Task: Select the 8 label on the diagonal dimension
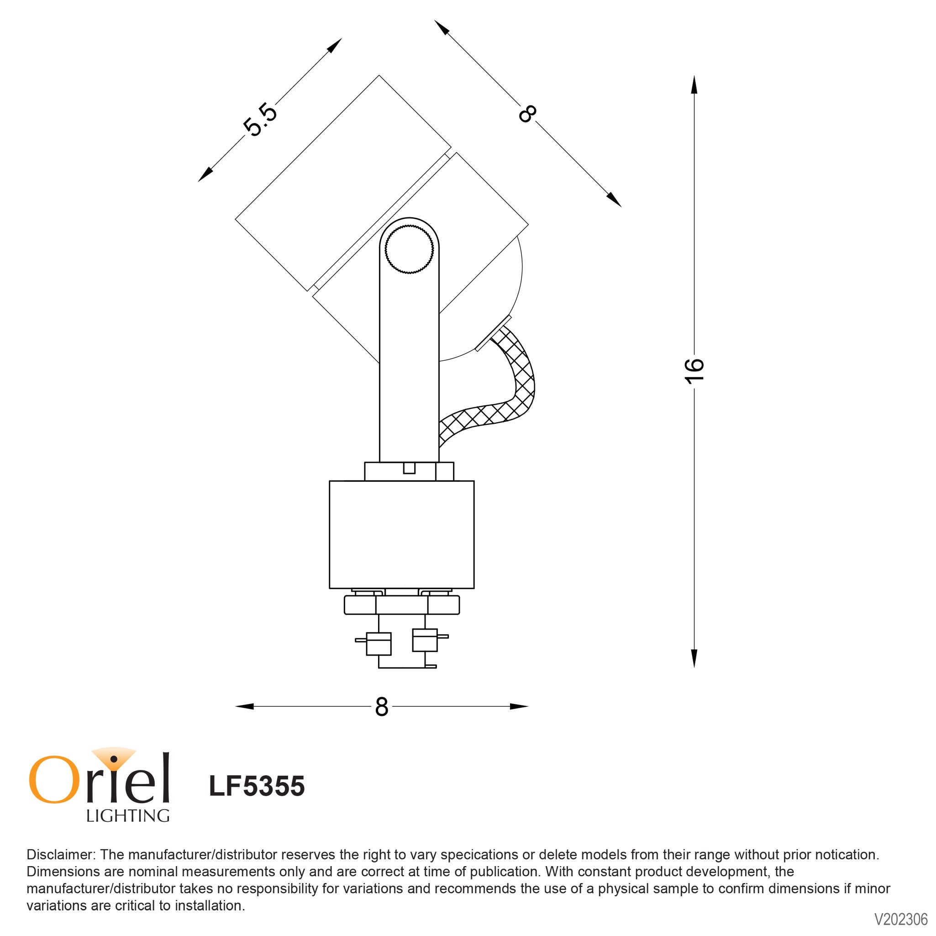[527, 114]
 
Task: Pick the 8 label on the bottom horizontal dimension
[381, 707]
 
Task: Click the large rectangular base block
[401, 534]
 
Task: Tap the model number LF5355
[257, 786]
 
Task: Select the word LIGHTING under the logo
[128, 816]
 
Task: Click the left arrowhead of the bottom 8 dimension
[245, 707]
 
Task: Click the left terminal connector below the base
[378, 644]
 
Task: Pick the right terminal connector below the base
[425, 640]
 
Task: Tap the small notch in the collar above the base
[410, 468]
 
